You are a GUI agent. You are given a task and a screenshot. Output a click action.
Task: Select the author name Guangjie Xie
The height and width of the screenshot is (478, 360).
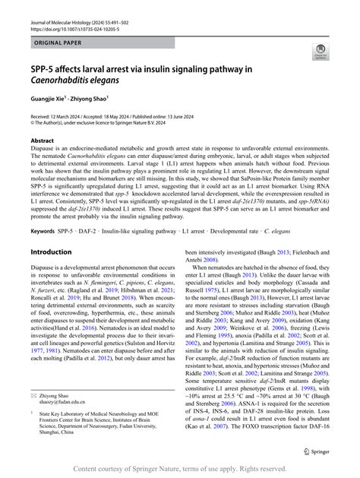[49, 99]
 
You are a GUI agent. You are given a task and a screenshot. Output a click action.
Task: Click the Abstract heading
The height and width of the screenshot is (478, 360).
[42, 141]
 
